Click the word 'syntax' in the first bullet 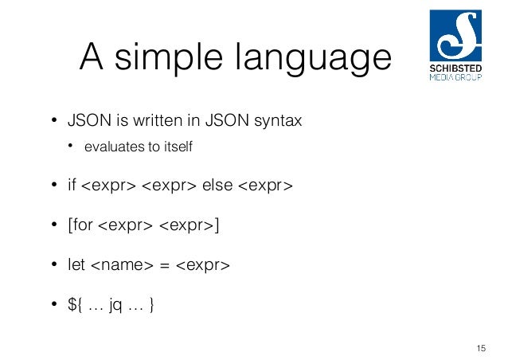(x=278, y=123)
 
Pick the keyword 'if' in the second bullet (x=71, y=186)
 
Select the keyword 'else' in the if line (x=217, y=186)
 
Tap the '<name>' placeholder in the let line (x=119, y=264)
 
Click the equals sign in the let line (x=164, y=265)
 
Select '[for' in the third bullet (x=80, y=225)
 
